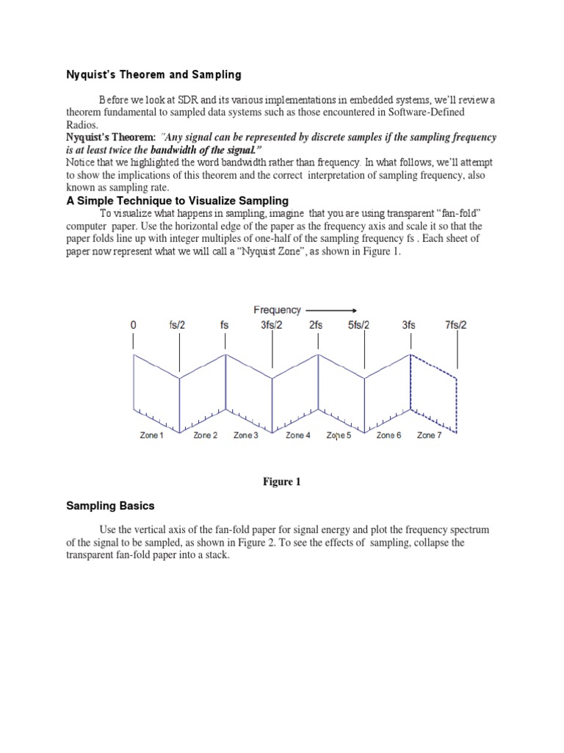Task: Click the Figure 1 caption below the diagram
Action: coord(283,482)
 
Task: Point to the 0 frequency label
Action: coord(133,324)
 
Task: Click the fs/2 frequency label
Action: coord(179,324)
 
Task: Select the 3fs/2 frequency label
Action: coord(271,324)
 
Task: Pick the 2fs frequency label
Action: coord(317,324)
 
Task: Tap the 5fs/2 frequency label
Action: coord(359,324)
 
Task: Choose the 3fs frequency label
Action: coord(409,324)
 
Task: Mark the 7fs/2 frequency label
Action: coord(455,324)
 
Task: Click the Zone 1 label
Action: coord(152,436)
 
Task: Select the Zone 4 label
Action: coord(298,436)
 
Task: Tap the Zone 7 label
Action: coord(429,436)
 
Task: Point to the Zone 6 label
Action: coord(388,436)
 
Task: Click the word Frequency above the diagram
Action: coord(277,310)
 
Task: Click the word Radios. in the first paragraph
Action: coord(82,125)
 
